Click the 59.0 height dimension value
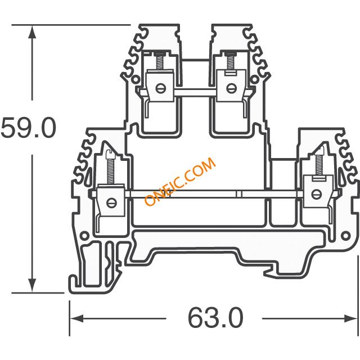28,128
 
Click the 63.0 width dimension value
215,318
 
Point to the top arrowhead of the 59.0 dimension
33,31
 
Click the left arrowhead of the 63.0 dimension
75,318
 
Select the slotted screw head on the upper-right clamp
229,87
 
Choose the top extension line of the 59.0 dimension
73,25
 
